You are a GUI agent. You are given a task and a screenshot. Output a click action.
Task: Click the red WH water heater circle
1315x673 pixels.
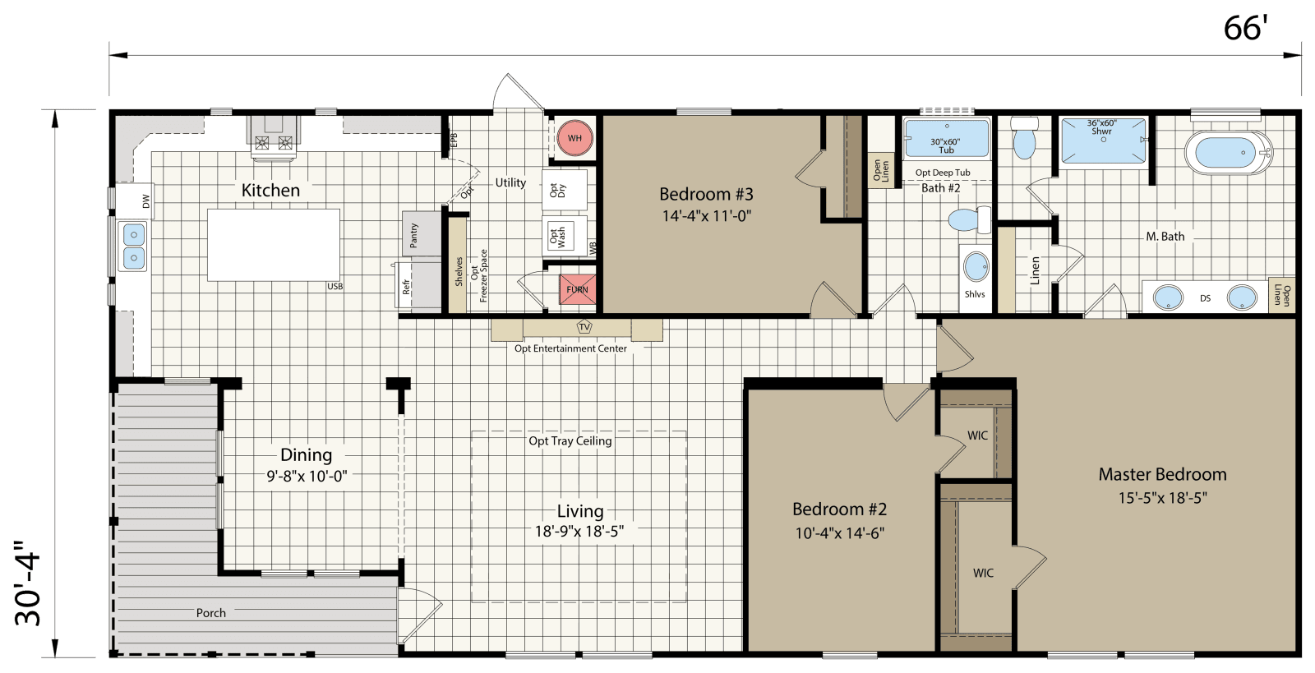coord(574,138)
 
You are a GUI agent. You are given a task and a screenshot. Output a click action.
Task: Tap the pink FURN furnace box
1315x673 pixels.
coord(577,289)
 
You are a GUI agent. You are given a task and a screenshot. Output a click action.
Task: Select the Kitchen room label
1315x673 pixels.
coord(270,190)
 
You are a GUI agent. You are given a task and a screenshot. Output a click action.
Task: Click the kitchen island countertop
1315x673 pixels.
coord(273,245)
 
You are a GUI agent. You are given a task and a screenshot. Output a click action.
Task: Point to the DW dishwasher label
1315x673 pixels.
coord(146,201)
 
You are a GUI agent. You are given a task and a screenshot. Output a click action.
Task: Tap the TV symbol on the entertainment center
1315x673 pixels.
coord(584,327)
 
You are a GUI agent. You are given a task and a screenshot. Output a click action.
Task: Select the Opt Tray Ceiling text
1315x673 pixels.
coord(570,441)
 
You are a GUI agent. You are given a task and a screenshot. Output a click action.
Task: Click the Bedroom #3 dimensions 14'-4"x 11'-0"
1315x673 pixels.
coord(707,216)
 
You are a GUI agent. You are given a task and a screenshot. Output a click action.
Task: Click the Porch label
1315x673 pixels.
coord(210,613)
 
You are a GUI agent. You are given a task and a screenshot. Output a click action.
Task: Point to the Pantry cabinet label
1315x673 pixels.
coord(414,235)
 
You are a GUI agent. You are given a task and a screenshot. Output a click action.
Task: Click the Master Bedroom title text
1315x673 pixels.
coord(1162,474)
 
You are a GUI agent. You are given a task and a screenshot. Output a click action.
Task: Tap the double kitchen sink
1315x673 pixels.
coord(132,247)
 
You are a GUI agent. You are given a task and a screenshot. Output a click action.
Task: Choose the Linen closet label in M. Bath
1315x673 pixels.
coord(1035,270)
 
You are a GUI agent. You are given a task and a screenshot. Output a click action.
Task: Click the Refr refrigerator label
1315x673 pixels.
coord(406,286)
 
